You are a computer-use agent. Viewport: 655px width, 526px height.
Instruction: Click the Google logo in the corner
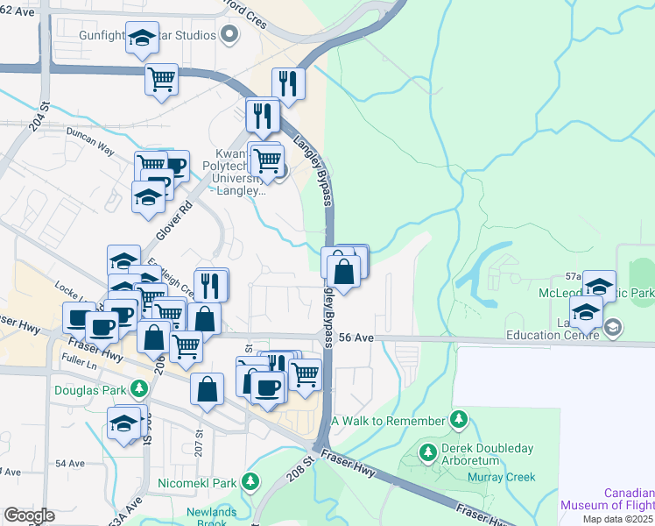click(x=29, y=515)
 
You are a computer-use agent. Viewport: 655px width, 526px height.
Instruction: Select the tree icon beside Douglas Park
click(x=139, y=388)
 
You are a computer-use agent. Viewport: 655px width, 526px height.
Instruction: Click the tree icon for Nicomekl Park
click(x=250, y=482)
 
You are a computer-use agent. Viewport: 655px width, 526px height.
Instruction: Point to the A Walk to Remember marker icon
click(x=456, y=422)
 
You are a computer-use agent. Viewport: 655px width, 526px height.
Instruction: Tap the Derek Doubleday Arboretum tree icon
click(x=427, y=452)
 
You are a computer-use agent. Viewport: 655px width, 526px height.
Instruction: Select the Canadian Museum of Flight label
click(x=608, y=498)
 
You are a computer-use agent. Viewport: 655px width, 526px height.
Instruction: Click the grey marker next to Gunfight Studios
click(x=229, y=35)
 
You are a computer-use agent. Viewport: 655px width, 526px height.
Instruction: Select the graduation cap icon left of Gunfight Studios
click(x=142, y=37)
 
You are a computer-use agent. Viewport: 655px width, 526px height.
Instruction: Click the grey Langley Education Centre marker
click(x=613, y=329)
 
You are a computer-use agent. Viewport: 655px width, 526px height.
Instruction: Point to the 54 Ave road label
click(x=69, y=463)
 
